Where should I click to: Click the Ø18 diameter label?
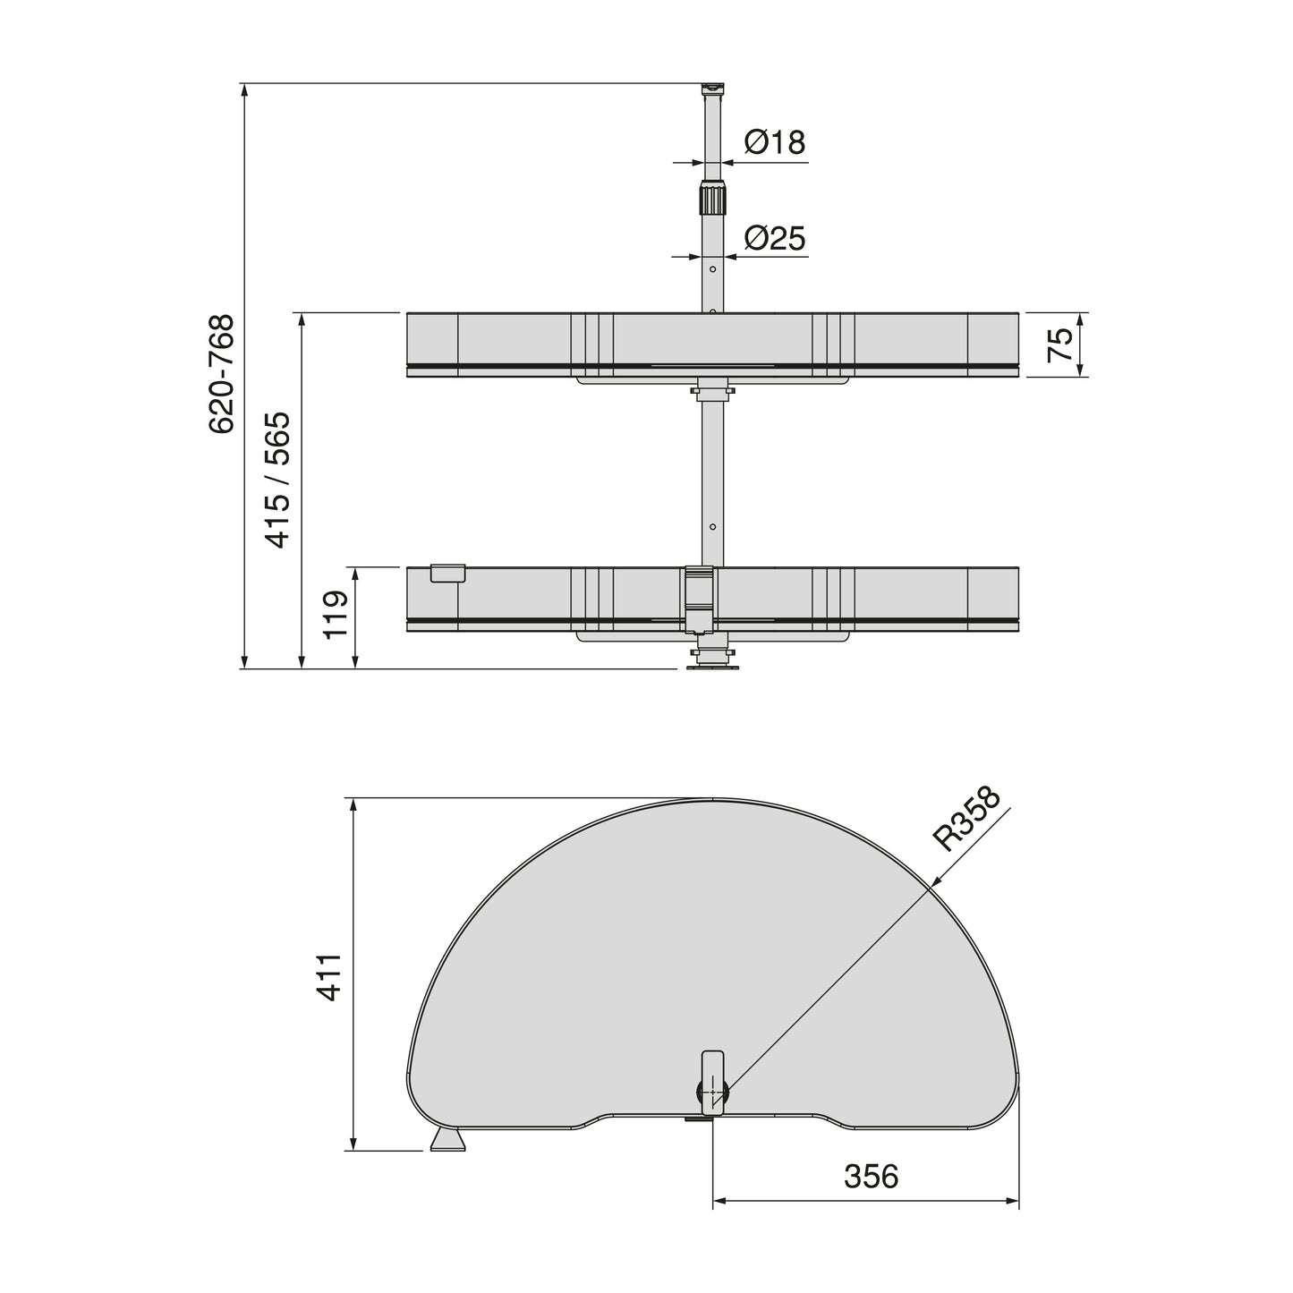pyautogui.click(x=774, y=141)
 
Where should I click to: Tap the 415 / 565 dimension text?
pyautogui.click(x=277, y=480)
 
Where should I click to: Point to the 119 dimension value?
pyautogui.click(x=335, y=615)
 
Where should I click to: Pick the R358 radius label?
pyautogui.click(x=965, y=819)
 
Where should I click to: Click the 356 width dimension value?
pyautogui.click(x=871, y=1177)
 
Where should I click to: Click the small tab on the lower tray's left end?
pyautogui.click(x=447, y=574)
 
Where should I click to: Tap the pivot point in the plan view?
pyautogui.click(x=712, y=1093)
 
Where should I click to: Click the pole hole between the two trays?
pyautogui.click(x=712, y=527)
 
